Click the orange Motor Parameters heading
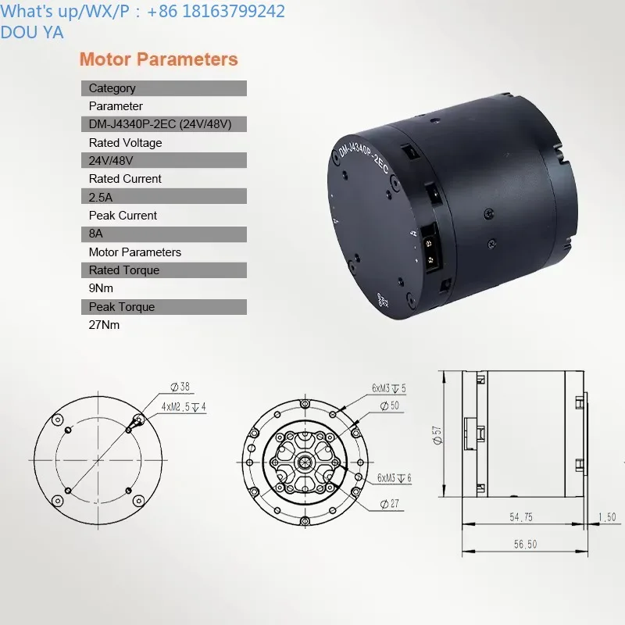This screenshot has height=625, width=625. tap(159, 59)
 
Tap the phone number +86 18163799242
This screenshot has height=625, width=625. tap(216, 11)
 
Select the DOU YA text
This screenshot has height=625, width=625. tap(32, 32)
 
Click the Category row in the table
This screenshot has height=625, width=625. tap(164, 88)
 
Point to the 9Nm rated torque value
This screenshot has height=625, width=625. tap(101, 288)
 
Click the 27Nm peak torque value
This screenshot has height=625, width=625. tap(104, 325)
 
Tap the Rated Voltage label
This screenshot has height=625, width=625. tap(125, 143)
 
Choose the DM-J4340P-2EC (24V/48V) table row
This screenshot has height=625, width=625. tap(164, 124)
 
